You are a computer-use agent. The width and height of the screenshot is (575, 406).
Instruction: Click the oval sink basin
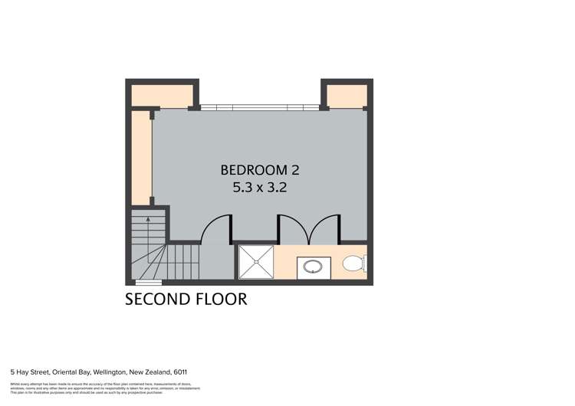tap(314, 267)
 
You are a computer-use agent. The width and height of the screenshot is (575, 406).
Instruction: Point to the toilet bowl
tap(353, 264)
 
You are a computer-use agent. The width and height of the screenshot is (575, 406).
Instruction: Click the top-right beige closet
tap(347, 95)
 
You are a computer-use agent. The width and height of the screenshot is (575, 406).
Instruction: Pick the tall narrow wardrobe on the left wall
tap(140, 156)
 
